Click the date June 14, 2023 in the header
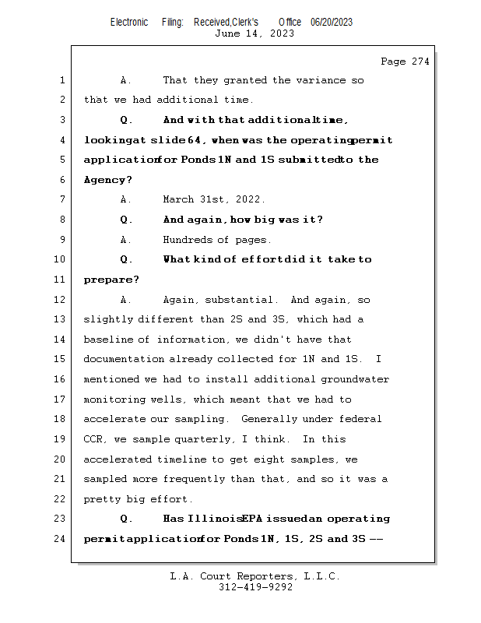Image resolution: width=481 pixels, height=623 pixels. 255,33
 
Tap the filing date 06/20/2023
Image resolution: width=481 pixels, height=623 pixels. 332,23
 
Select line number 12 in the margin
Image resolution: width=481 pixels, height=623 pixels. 61,300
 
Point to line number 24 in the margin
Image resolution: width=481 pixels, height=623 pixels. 61,538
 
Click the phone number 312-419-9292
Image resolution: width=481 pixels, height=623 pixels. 255,587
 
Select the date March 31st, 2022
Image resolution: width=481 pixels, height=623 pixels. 214,199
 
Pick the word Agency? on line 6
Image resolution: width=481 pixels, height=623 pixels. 104,180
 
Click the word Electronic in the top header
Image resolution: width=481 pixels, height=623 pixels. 129,23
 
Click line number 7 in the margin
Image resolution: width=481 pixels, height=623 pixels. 61,199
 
